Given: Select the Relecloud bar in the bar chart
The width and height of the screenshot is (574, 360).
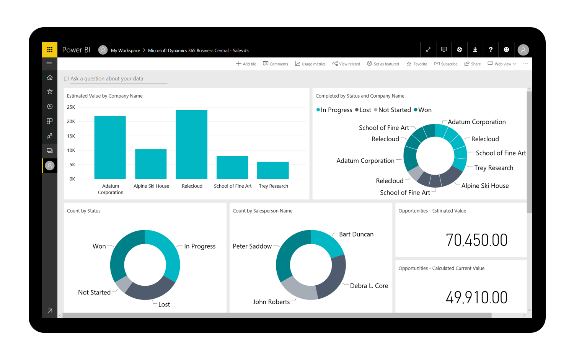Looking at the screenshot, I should [x=191, y=144].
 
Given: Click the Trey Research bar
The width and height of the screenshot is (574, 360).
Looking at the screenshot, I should [x=273, y=170].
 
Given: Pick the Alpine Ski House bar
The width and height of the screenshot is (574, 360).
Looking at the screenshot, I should [x=151, y=164].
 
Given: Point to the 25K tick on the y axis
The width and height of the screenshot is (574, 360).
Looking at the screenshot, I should [x=71, y=107].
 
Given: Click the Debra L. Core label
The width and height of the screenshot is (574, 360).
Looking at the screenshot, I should [x=369, y=286].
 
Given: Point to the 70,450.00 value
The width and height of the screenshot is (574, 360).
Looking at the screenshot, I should [x=476, y=240].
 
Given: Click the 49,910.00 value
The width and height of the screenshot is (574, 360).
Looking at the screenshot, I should [x=476, y=298].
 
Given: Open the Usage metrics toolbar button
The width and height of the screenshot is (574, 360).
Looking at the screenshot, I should [x=310, y=64].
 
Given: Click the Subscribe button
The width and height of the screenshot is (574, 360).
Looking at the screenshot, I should [x=446, y=64].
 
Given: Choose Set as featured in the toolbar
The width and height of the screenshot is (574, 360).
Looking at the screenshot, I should [x=383, y=64].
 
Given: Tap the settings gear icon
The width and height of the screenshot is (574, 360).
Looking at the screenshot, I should [x=460, y=50].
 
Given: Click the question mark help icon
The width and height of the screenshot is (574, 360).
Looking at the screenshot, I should [x=491, y=50].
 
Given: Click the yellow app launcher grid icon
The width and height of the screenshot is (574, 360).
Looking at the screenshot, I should [x=50, y=50].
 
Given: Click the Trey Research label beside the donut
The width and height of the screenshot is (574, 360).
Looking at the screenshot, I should [x=494, y=168].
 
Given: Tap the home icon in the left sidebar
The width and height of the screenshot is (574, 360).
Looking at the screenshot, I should [x=50, y=78].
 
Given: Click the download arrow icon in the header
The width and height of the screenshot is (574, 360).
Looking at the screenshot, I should [x=475, y=50].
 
